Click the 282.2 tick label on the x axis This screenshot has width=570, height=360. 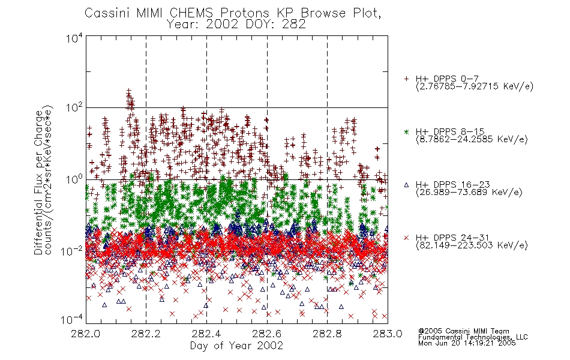pos(146,334)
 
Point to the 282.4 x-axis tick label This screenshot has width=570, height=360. pos(206,334)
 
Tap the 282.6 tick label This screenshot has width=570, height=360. pos(267,334)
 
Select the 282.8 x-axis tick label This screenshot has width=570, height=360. pos(327,334)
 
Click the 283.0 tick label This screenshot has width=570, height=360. pos(388,334)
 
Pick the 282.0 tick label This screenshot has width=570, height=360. pos(85,334)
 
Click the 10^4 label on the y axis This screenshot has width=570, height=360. pos(74,37)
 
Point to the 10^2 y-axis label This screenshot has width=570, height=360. pos(74,108)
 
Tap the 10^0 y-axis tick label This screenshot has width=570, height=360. pos(74,179)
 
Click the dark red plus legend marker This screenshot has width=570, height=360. pos(406,79)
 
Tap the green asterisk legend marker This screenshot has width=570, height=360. pos(406,131)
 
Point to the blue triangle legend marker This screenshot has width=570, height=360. pos(406,185)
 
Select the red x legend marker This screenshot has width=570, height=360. pos(406,238)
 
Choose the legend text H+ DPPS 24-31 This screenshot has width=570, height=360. pos(452,238)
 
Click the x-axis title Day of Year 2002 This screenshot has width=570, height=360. pos(236,346)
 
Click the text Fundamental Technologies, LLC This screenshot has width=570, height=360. pos(473,337)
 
